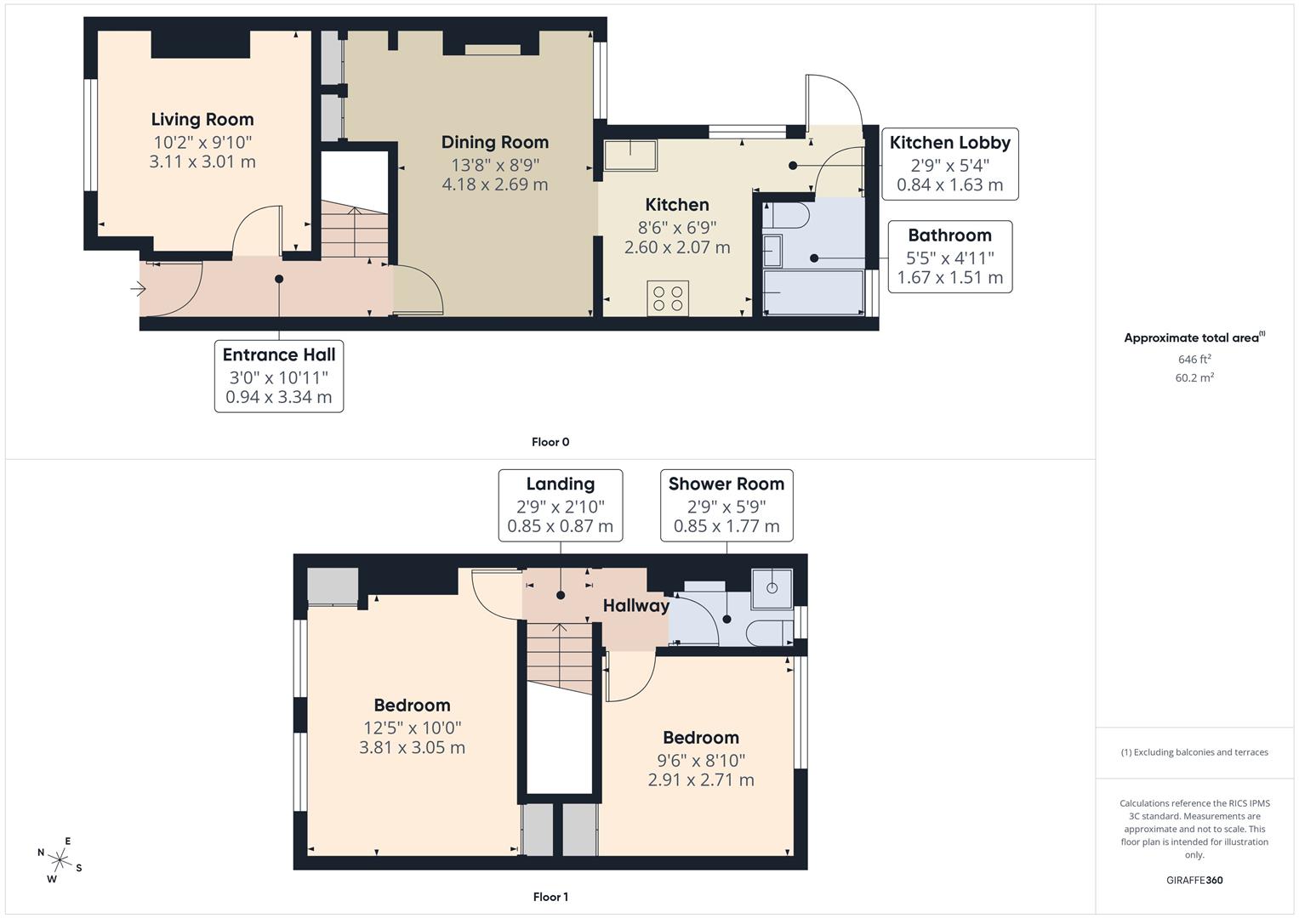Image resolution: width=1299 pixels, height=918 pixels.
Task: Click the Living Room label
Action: (202, 120)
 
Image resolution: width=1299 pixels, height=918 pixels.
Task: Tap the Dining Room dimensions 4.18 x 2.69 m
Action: (494, 184)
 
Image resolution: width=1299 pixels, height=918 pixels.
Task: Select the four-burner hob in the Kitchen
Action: (668, 298)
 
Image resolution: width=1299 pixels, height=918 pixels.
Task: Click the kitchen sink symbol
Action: (630, 156)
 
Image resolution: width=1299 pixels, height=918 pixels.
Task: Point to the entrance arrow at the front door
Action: (138, 290)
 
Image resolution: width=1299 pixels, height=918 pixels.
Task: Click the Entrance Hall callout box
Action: (279, 376)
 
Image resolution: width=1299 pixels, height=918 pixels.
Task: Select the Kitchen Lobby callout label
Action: (949, 143)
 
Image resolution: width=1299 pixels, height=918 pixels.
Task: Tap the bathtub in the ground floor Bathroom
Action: (813, 292)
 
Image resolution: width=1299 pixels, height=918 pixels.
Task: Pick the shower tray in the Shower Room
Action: (772, 587)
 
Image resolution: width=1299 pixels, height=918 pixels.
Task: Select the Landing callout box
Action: (560, 505)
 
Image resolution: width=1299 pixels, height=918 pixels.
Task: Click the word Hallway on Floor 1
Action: (635, 606)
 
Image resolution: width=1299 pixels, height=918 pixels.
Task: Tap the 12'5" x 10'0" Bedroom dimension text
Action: (412, 728)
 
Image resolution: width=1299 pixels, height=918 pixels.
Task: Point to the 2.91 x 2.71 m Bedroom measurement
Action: (701, 780)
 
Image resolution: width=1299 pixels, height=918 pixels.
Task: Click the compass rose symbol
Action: (60, 859)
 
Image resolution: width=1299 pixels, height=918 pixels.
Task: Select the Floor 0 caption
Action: (550, 442)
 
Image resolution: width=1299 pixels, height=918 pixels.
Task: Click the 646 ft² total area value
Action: (1194, 360)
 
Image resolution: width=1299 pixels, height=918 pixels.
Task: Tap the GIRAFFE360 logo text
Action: (1194, 881)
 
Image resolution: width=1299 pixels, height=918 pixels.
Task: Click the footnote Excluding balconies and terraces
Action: (1194, 752)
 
